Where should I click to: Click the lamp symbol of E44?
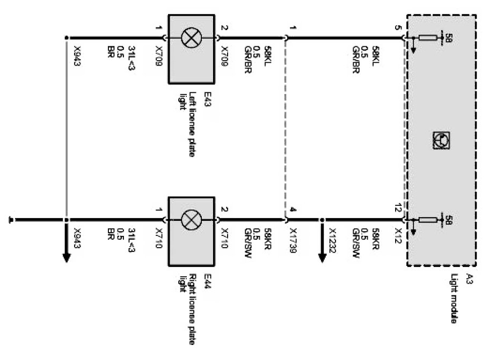pyautogui.click(x=190, y=220)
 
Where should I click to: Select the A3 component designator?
pyautogui.click(x=469, y=279)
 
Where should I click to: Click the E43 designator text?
pyautogui.click(x=208, y=101)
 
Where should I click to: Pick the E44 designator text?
pyautogui.click(x=208, y=284)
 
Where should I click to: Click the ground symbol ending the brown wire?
pyautogui.click(x=11, y=220)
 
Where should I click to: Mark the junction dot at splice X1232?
pyautogui.click(x=323, y=220)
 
